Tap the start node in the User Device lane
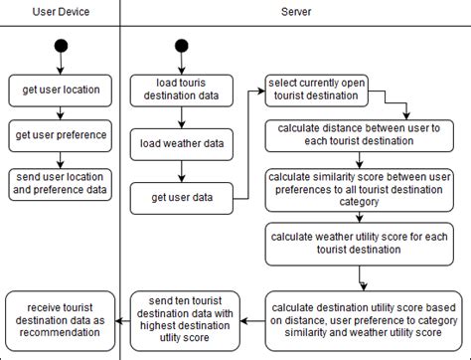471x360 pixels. click(x=61, y=48)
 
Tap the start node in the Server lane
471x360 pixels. click(x=181, y=48)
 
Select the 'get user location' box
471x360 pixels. click(x=61, y=90)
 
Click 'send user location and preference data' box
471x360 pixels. click(x=61, y=184)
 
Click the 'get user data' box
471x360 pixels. click(x=181, y=198)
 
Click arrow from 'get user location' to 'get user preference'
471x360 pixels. click(x=61, y=112)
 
